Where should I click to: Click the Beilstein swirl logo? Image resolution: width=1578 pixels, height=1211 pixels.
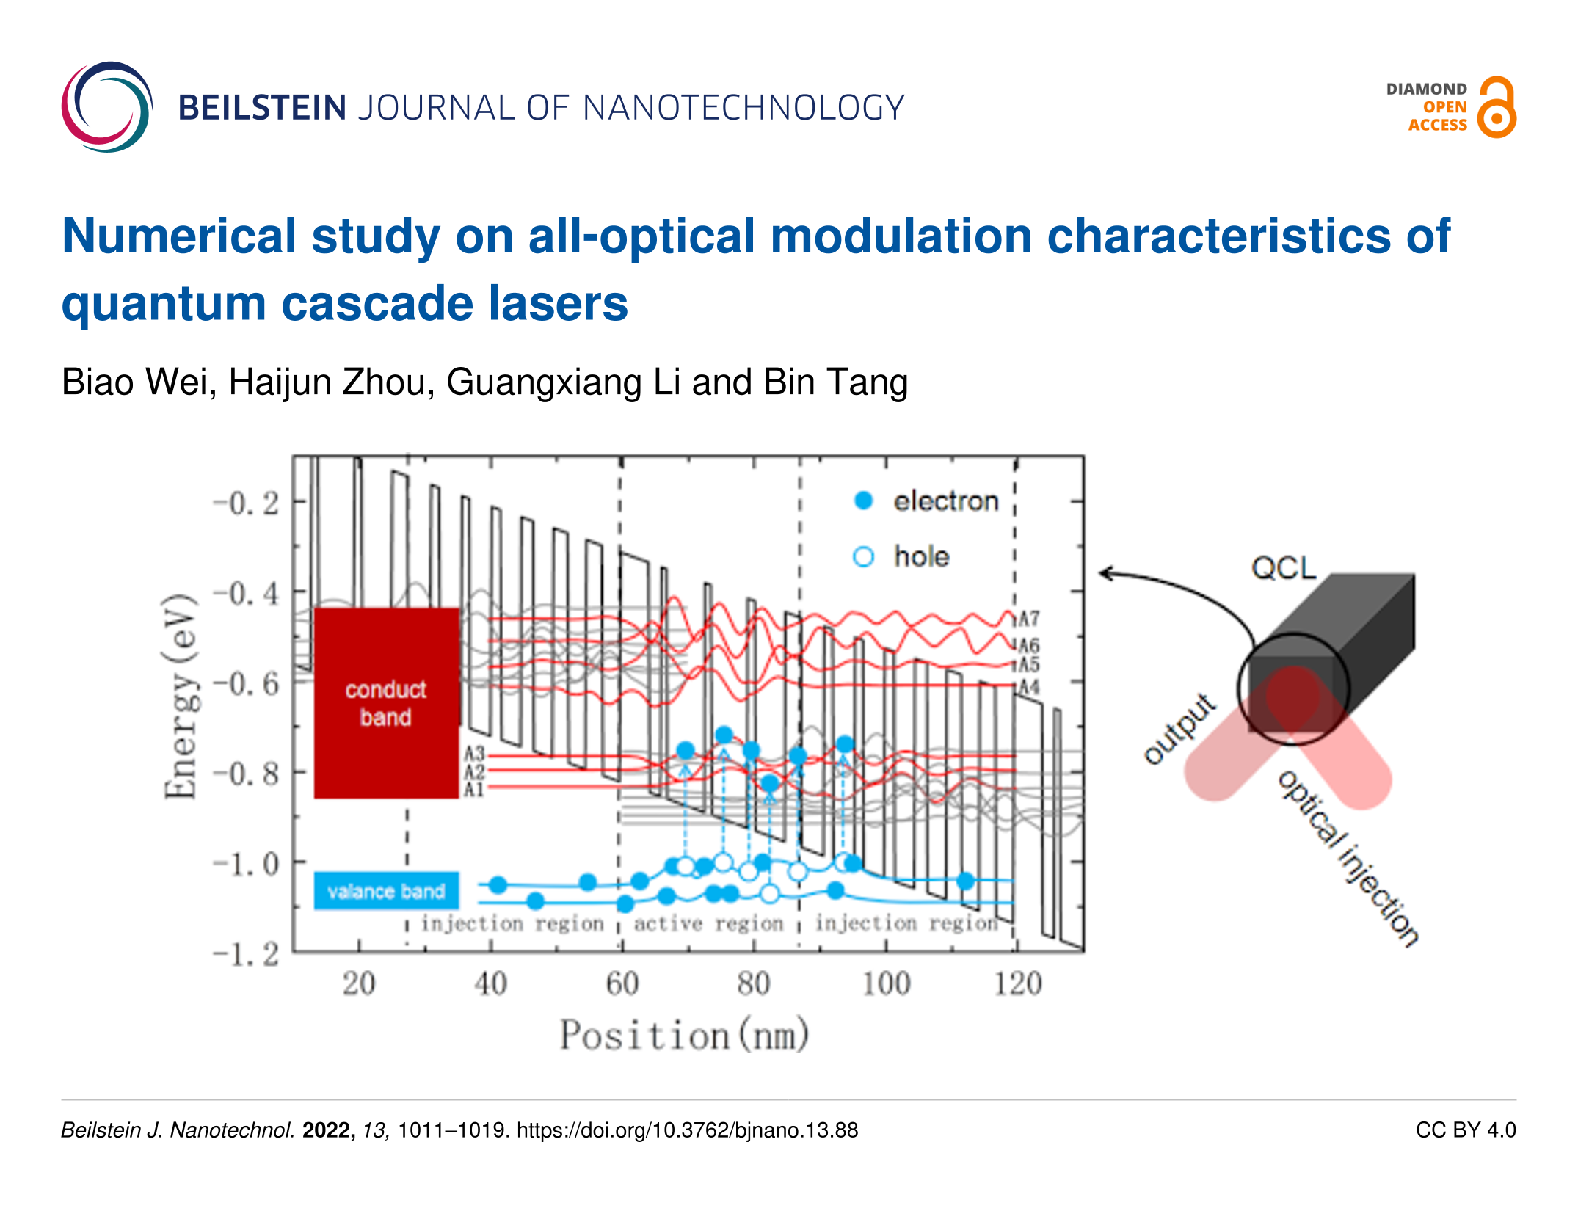107,107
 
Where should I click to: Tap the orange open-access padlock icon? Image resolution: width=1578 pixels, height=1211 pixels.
1497,107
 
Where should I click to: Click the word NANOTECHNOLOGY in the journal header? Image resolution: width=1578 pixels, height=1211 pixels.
743,108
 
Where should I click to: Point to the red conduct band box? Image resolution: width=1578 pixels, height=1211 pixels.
387,702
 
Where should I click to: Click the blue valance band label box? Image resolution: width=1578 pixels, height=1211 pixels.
387,891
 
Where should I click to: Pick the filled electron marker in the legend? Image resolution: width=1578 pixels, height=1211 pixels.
864,501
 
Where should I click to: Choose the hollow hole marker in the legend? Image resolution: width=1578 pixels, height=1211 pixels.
864,557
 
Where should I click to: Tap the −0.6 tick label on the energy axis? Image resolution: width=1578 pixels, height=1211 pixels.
247,684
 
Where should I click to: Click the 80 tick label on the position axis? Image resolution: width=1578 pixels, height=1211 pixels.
754,983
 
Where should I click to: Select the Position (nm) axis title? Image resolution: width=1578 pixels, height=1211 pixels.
685,1036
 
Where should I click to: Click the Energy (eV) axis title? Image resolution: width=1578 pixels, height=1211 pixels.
180,696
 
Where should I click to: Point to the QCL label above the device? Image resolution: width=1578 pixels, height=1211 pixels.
1284,567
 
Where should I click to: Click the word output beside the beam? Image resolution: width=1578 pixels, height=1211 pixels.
1179,729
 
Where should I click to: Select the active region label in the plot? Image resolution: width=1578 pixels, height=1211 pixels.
709,923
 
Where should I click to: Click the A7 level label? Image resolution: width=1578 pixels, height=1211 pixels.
1030,619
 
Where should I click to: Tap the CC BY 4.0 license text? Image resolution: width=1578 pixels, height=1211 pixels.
1466,1130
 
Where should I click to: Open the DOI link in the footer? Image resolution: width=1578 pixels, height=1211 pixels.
688,1130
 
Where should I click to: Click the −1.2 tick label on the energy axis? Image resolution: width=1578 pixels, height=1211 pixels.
247,954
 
